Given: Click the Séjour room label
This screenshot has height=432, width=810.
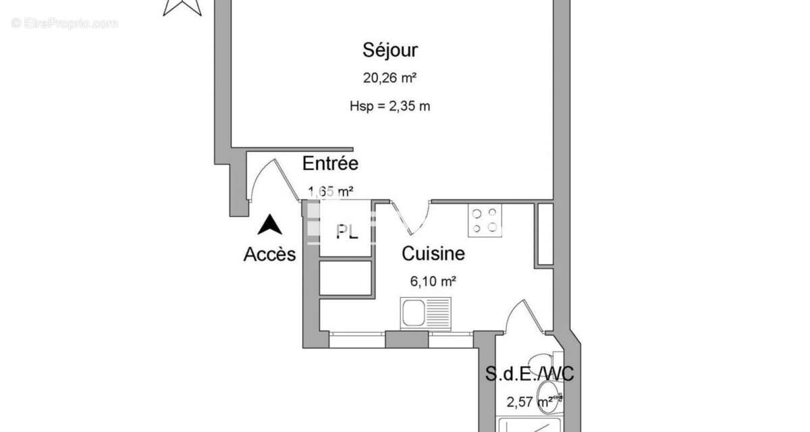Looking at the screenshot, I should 390,50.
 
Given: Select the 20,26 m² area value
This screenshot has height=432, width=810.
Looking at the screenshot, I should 389,78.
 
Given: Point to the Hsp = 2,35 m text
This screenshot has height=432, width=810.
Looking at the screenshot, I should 389,105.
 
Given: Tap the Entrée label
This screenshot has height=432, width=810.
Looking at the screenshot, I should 330,163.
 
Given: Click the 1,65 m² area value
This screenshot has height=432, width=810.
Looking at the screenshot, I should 331,192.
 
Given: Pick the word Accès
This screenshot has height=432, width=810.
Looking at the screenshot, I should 269,254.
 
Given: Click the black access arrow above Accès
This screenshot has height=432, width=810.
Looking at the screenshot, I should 271,225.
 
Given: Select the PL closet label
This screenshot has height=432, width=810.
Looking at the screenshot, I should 347,232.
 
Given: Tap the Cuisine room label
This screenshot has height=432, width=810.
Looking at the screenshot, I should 433,254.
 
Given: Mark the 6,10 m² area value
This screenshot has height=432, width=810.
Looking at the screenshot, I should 433,282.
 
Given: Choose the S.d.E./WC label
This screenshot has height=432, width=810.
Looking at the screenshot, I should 530,373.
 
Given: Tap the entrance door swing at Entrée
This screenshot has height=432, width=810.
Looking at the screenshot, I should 273,180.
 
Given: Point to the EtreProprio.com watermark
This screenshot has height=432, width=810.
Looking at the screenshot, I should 65,23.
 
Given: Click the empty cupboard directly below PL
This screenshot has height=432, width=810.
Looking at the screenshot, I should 346,277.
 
